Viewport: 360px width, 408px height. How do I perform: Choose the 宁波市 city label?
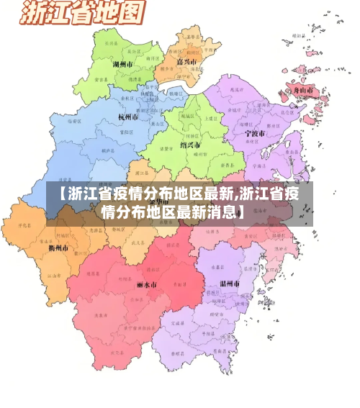pyautogui.click(x=254, y=133)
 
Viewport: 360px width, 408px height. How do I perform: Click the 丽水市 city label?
pyautogui.click(x=146, y=284)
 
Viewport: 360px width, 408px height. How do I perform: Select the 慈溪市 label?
pyautogui.click(x=234, y=91)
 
